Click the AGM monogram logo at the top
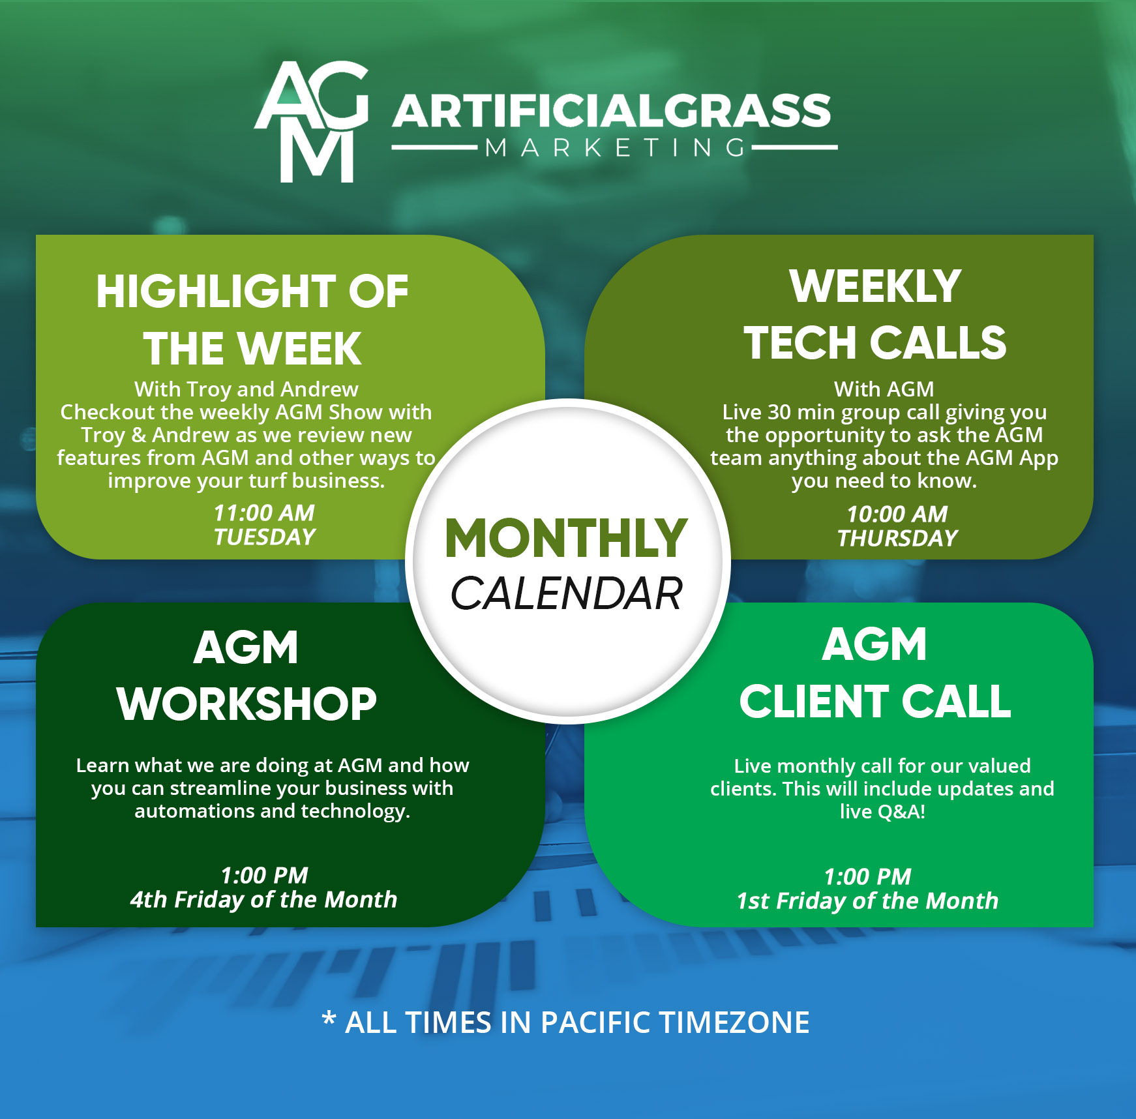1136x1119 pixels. pos(312,122)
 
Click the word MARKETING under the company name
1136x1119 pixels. pos(615,148)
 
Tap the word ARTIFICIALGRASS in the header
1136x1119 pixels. pos(611,111)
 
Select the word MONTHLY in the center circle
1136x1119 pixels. pos(566,538)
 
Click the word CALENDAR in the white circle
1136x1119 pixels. pos(566,594)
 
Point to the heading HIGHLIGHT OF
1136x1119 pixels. pos(252,291)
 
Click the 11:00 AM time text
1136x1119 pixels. pos(264,513)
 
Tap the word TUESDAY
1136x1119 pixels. pos(264,537)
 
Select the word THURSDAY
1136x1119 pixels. pos(897,539)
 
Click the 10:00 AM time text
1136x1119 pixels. pos(897,515)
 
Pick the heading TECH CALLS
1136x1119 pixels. pos(875,343)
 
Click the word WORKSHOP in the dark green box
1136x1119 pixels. pos(247,704)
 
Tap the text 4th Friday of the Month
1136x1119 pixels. pos(263,900)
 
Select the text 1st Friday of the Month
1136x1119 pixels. pos(867,901)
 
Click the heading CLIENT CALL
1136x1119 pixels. pos(875,702)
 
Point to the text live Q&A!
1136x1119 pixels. pos(882,812)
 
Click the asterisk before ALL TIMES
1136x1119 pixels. pos(329,1019)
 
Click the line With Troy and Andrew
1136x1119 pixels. pos(246,389)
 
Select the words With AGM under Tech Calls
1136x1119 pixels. pos(884,389)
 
